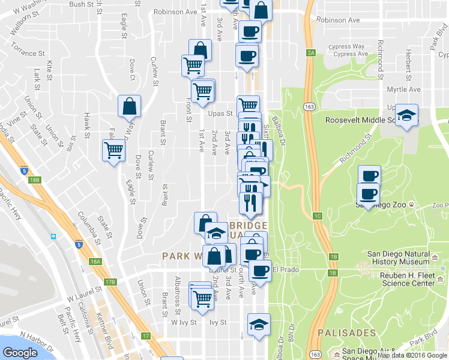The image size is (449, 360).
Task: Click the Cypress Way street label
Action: [349, 46]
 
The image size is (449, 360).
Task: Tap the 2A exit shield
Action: [310, 53]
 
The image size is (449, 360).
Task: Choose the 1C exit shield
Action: [318, 215]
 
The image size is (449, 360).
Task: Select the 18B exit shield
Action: [35, 179]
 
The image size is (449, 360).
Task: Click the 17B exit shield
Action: [109, 281]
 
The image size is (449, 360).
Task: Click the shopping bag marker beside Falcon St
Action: [129, 107]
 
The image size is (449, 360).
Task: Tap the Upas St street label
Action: [221, 113]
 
